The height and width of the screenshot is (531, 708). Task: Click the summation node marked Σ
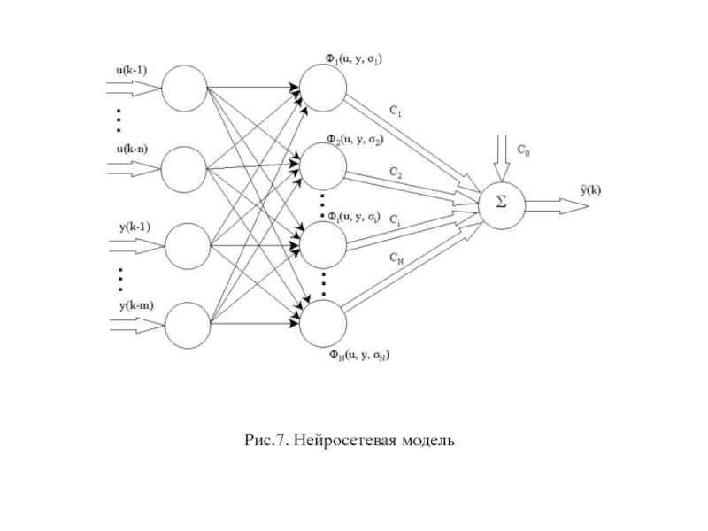[x=502, y=204]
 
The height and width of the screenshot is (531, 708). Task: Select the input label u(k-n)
[x=132, y=148]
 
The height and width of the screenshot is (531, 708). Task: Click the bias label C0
[x=524, y=150]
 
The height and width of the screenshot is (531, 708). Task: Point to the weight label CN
[x=396, y=258]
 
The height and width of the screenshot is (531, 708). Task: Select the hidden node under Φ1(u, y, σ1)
[x=322, y=88]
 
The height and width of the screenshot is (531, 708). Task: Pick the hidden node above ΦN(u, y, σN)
[x=322, y=325]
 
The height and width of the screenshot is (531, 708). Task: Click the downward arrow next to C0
[x=502, y=157]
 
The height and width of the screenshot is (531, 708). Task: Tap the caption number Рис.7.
[x=266, y=439]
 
